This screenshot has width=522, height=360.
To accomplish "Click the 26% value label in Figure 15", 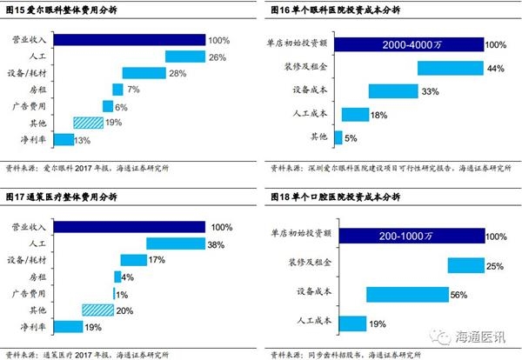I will (x=217, y=57).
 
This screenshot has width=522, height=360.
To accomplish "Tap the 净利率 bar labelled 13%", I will (x=64, y=139).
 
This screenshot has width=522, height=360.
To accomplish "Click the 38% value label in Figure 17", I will (x=217, y=244).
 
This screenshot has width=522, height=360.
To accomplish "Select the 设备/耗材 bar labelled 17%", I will (x=133, y=260).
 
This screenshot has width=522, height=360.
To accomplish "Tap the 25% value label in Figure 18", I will (x=496, y=265).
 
